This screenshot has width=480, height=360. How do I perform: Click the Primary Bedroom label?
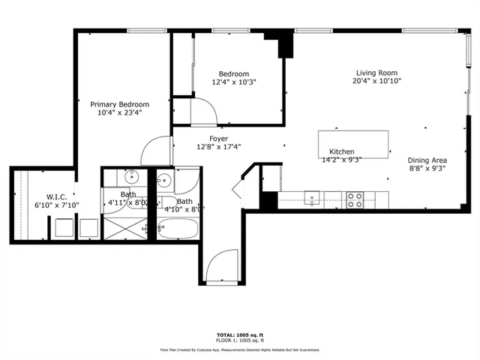(x=120, y=104)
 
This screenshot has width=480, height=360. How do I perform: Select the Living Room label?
(x=378, y=73)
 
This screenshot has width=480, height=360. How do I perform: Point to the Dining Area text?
(x=427, y=160)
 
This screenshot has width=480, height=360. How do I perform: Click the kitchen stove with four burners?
(x=354, y=199)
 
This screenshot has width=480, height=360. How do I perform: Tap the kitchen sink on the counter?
(x=313, y=198)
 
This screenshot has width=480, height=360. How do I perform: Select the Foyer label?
(x=218, y=139)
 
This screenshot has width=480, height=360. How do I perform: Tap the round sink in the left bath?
(x=130, y=178)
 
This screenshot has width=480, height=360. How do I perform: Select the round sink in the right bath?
(x=164, y=181)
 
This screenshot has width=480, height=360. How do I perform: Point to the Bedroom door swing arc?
(x=204, y=112)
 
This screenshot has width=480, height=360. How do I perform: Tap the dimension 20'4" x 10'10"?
(x=378, y=82)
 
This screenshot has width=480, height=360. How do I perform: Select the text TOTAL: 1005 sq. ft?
(x=239, y=335)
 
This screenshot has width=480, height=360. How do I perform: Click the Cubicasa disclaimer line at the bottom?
(x=239, y=349)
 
